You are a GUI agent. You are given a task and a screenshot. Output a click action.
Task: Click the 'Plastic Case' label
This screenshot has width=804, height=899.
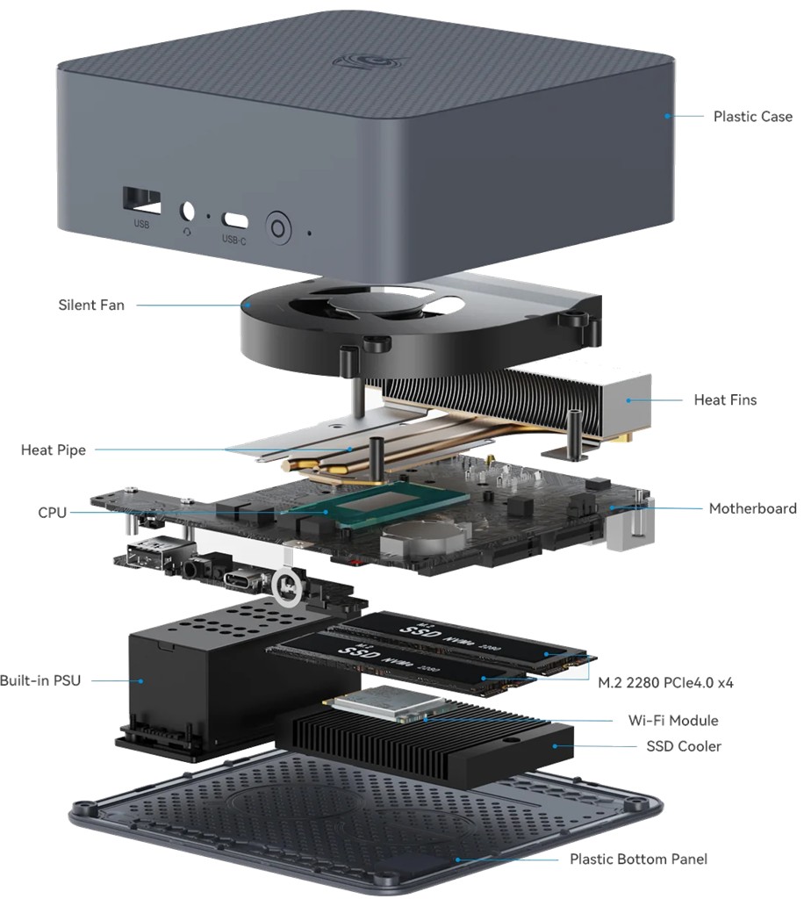click(752, 116)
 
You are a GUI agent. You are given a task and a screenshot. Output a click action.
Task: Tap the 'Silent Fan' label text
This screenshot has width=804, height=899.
click(91, 306)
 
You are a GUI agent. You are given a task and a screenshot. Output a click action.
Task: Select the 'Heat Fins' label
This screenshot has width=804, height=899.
click(725, 399)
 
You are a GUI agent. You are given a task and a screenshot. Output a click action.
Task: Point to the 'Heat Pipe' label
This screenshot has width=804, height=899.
click(54, 449)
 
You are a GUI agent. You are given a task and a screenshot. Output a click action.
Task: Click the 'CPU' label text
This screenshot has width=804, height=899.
click(53, 512)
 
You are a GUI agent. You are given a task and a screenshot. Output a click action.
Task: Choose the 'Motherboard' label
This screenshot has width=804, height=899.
click(752, 508)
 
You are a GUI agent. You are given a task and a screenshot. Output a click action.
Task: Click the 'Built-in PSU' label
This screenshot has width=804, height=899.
click(39, 680)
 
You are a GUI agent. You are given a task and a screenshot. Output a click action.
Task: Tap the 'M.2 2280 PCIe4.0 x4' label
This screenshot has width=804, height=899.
click(665, 682)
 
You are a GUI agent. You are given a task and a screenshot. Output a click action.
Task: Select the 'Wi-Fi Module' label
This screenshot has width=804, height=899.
click(673, 720)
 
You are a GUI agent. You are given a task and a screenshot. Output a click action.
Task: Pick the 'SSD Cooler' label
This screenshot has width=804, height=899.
click(683, 746)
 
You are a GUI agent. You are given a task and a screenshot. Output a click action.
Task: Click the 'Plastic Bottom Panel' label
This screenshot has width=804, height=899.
click(638, 859)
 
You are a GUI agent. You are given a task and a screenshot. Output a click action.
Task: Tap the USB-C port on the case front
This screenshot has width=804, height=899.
click(234, 219)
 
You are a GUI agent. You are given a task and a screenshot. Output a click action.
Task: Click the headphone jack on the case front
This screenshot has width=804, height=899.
click(187, 212)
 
